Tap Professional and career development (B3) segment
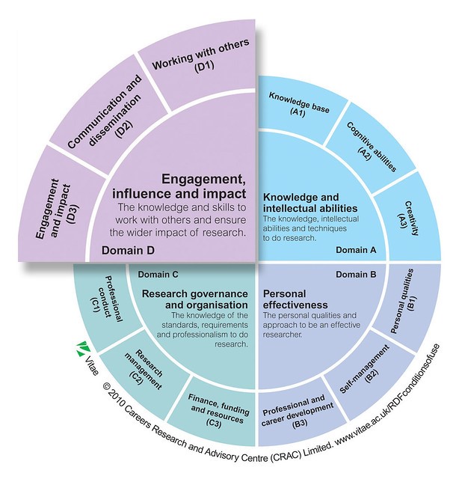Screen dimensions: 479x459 (x=295, y=409)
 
